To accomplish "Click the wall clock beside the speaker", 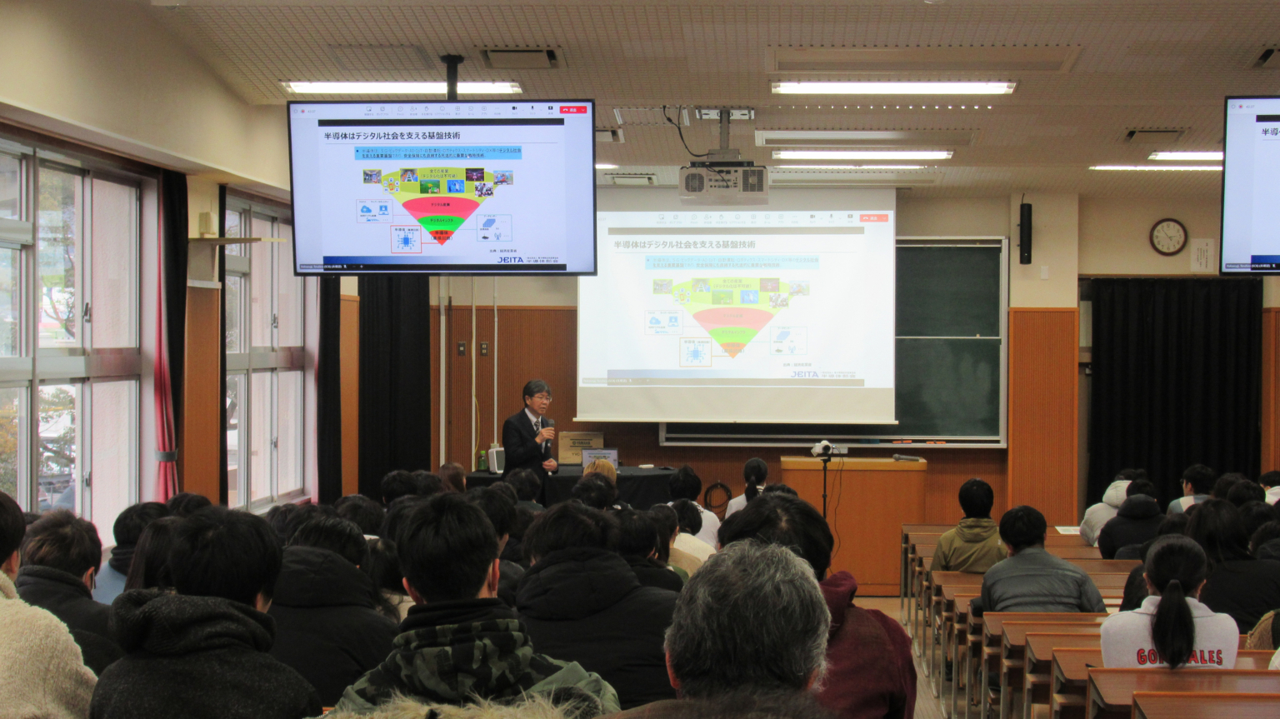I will (x=1167, y=237).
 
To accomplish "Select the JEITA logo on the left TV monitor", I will (x=510, y=260).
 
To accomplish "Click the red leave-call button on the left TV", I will (x=572, y=109).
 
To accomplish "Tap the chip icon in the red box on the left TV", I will (x=406, y=239).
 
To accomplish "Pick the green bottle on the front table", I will (x=482, y=460).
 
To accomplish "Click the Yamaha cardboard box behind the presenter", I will (x=580, y=447).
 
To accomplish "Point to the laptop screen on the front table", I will (x=600, y=457).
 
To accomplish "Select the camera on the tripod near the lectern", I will (x=823, y=449).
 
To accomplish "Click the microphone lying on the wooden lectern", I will (x=906, y=457).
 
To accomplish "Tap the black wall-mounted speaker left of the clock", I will (x=1025, y=233).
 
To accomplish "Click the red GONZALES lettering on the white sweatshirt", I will (x=1179, y=657).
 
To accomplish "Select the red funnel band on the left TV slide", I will (x=441, y=205).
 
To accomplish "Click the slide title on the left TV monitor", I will (x=392, y=136).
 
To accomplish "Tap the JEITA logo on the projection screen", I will (x=804, y=374).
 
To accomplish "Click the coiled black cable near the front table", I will (x=717, y=496).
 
